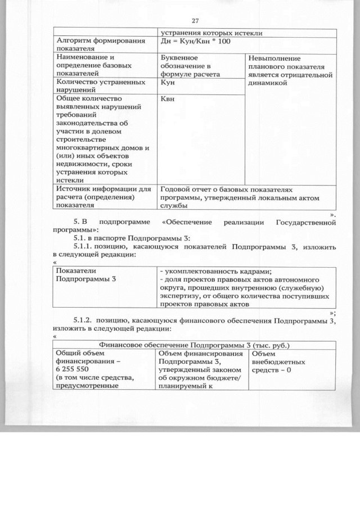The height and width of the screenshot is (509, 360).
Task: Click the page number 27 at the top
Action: pyautogui.click(x=195, y=21)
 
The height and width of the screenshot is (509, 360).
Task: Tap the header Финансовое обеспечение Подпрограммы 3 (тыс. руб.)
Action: pyautogui.click(x=194, y=345)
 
